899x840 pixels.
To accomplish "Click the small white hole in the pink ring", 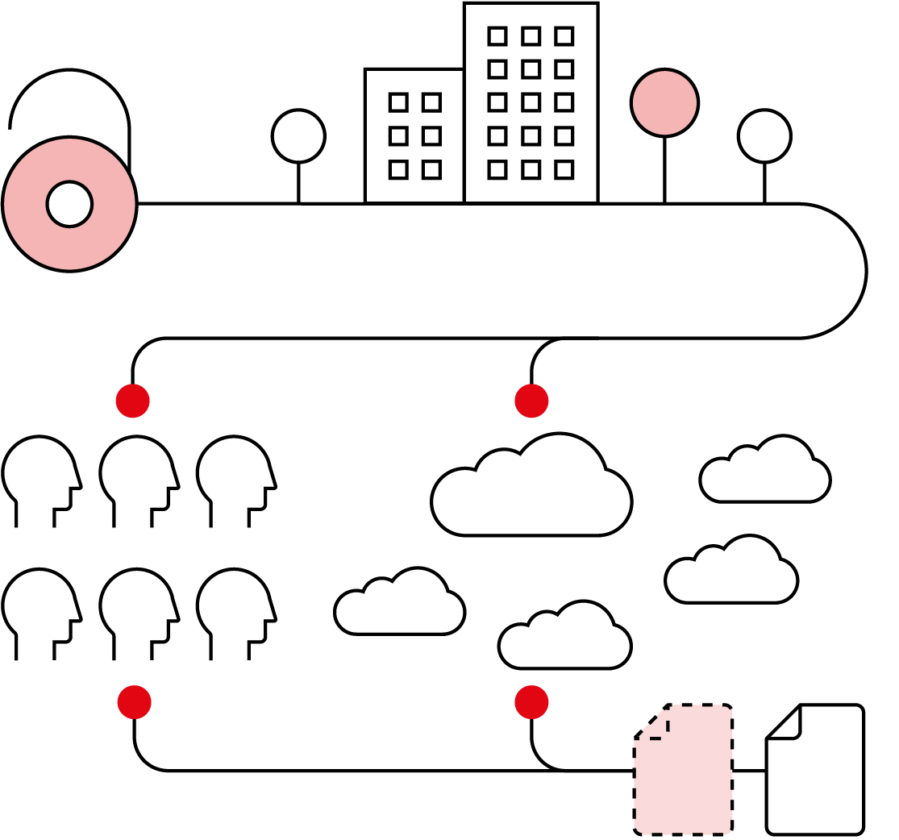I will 69,204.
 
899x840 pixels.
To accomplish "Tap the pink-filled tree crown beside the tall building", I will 664,102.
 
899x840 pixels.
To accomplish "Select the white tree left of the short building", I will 298,135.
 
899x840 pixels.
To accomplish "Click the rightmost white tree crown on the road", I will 764,135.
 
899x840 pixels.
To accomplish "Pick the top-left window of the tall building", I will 497,35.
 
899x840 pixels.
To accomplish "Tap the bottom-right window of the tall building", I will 564,169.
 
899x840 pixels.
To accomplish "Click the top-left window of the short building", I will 398,102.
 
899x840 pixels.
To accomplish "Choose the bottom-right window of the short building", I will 431,169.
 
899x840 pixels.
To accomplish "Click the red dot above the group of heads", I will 133,401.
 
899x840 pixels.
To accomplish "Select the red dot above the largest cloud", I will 531,401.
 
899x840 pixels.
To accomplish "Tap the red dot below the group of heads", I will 134,701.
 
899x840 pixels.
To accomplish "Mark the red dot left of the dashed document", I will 531,701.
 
